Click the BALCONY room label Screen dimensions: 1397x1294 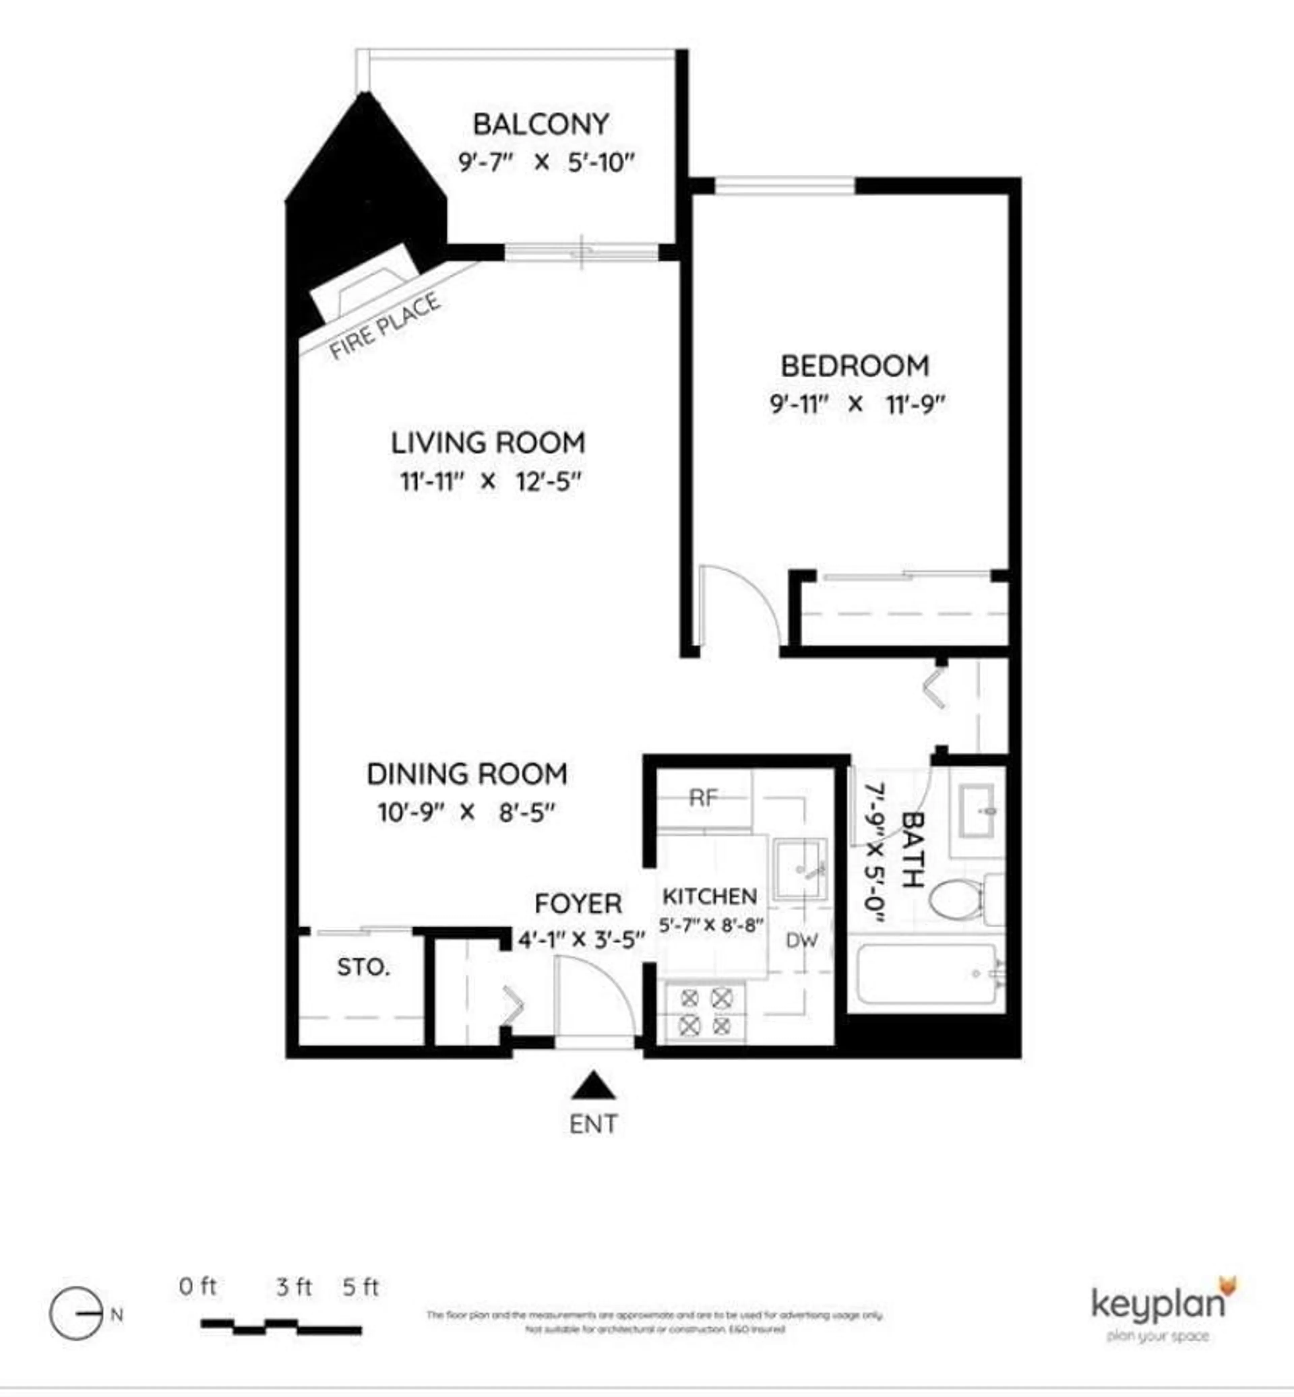click(x=541, y=125)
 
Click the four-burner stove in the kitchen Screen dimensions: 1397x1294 click(x=705, y=1011)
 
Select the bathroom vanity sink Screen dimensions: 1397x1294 click(x=976, y=810)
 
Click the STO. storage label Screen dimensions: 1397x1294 click(x=363, y=967)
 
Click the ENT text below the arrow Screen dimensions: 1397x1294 click(x=593, y=1124)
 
